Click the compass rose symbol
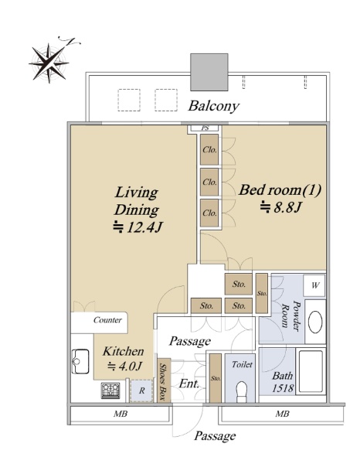tap(49, 63)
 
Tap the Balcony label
tap(214, 106)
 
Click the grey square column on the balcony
tap(209, 72)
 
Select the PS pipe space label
tap(205, 128)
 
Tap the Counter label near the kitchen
tap(107, 320)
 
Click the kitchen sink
tap(80, 361)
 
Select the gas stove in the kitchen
tap(110, 391)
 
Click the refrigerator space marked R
tap(142, 391)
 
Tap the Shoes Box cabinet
tap(164, 380)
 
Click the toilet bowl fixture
tap(242, 391)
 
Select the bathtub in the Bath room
tap(311, 371)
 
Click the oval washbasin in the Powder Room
tap(315, 322)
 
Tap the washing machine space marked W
tap(315, 285)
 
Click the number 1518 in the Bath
tap(283, 388)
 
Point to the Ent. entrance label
tap(189, 384)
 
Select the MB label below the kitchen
tap(121, 414)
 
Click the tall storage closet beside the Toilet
tap(216, 378)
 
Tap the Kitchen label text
tap(124, 352)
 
